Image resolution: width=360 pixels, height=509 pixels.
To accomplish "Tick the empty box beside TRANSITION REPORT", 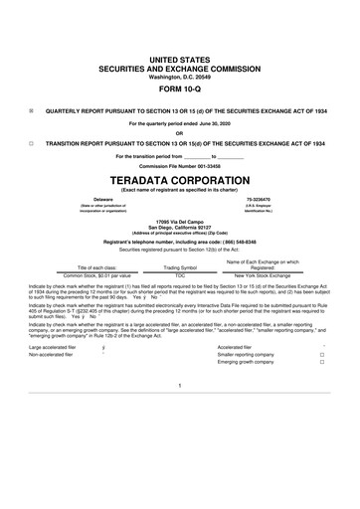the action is click(x=31, y=143).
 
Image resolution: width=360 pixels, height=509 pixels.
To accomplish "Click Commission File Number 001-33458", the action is click(x=179, y=164).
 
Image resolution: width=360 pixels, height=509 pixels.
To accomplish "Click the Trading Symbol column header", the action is click(x=180, y=267).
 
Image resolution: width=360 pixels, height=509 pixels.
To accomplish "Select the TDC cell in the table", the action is click(x=180, y=274).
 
